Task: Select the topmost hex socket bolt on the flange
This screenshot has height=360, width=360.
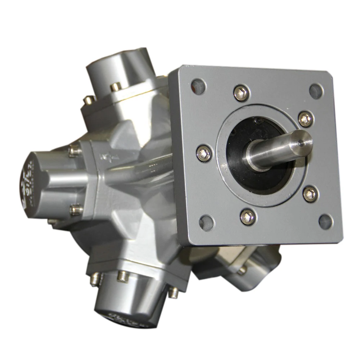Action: coord(241,93)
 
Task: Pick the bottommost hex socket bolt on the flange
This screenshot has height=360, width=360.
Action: coord(248,217)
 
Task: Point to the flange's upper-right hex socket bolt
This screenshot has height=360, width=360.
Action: coord(306,119)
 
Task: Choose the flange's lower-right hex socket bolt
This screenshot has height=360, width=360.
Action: coord(310,194)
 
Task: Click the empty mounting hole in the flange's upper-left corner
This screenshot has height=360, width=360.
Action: coord(198,86)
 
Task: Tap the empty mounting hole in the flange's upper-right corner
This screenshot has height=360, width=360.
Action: coord(316,91)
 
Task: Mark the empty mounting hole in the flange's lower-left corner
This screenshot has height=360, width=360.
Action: coord(207,222)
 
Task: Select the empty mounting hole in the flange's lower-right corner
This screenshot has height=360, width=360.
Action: coord(326,221)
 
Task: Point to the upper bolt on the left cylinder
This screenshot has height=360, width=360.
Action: coord(75,150)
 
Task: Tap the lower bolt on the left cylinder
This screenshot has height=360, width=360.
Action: coord(76,210)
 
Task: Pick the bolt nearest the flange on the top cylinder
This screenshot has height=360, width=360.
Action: coord(115,87)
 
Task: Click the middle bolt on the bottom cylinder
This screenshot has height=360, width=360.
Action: coord(123,276)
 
